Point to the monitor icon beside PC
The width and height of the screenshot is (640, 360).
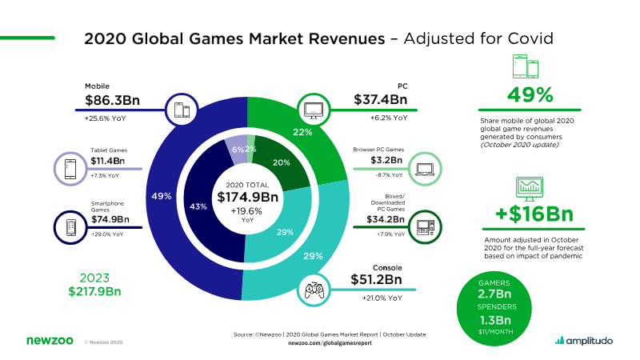(312, 108)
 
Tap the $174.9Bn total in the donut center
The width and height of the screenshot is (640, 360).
(246, 198)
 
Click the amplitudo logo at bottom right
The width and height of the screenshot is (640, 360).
(584, 341)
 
